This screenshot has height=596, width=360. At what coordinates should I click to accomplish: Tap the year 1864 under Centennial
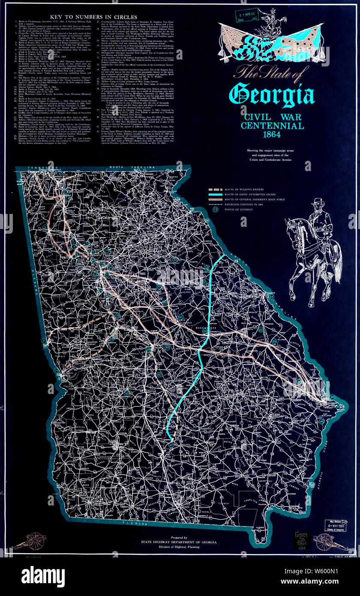click(272, 134)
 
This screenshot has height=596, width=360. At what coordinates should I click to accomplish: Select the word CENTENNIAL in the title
click(272, 126)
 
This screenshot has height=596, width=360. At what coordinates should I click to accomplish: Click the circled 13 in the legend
click(209, 211)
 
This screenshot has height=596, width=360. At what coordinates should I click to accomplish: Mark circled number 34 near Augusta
click(271, 296)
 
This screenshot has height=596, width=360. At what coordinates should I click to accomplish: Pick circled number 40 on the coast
click(321, 409)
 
